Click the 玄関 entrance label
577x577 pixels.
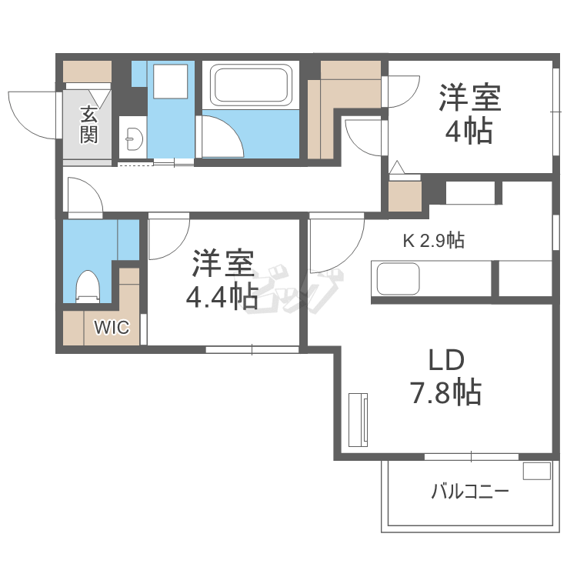89,125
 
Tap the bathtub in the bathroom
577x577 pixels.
251,85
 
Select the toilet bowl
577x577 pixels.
88,287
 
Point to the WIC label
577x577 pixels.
112,327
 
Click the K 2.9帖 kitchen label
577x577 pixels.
433,241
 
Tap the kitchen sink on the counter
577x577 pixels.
399,278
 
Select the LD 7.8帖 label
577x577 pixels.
446,376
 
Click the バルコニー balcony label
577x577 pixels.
470,492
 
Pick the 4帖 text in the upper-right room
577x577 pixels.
469,131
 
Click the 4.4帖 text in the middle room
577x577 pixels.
222,296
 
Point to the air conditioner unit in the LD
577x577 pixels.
359,420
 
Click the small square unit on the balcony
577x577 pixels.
537,471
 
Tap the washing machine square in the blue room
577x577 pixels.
170,82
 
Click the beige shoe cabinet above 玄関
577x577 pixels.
87,72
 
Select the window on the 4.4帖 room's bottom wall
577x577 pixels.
252,349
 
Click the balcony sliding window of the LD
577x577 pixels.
472,457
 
